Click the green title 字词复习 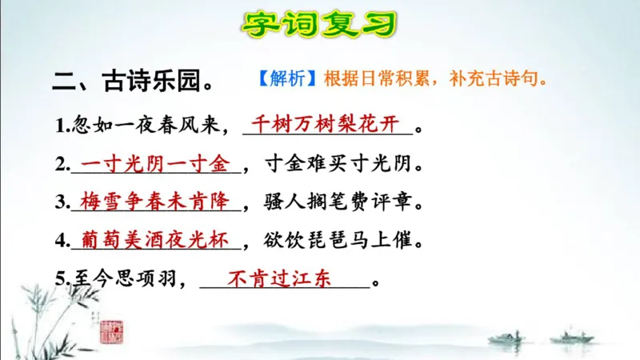(x=319, y=24)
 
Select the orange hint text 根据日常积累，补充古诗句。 (x=435, y=80)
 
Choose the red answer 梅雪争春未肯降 (x=155, y=201)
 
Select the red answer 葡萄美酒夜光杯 (x=155, y=238)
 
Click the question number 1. (x=61, y=126)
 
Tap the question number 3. (x=61, y=202)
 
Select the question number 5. (x=61, y=280)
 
